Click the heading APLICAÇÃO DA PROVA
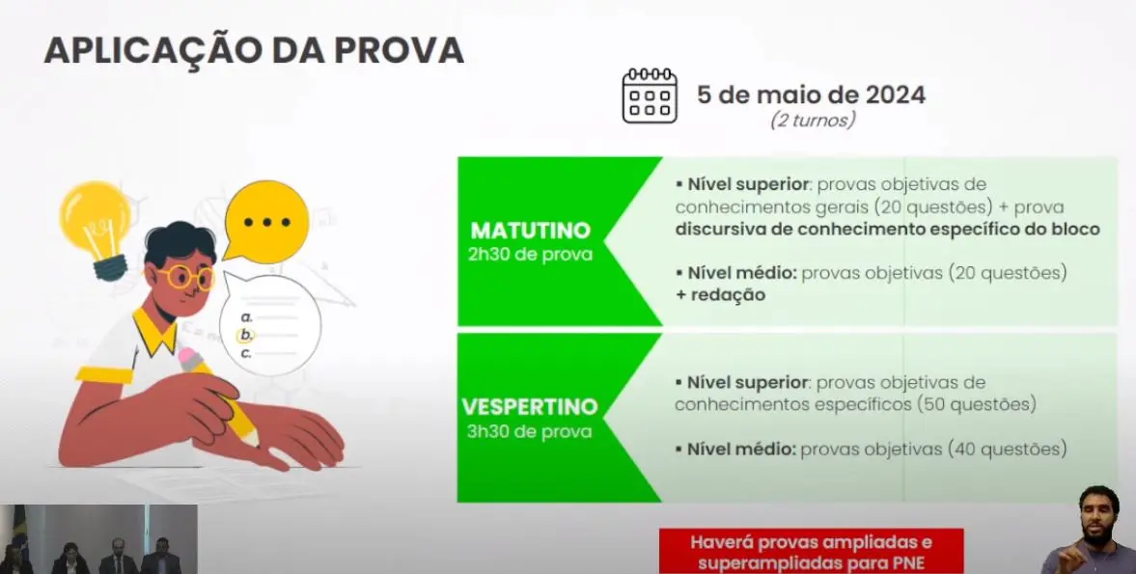pos(254,50)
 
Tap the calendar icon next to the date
pos(649,96)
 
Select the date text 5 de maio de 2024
pos(811,96)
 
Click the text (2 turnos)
pos(812,122)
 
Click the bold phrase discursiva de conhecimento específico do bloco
pos(887,230)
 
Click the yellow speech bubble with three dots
pos(265,222)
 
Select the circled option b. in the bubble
pos(246,335)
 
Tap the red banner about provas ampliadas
pos(811,552)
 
